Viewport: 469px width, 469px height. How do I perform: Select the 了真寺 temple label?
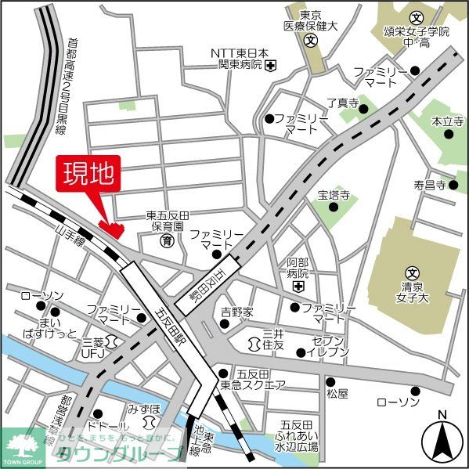342,103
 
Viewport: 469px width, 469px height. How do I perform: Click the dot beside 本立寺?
449,134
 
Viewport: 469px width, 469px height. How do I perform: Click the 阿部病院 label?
298,269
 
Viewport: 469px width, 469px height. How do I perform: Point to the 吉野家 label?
236,312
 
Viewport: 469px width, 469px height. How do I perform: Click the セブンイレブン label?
328,348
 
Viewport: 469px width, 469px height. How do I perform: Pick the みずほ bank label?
144,409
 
